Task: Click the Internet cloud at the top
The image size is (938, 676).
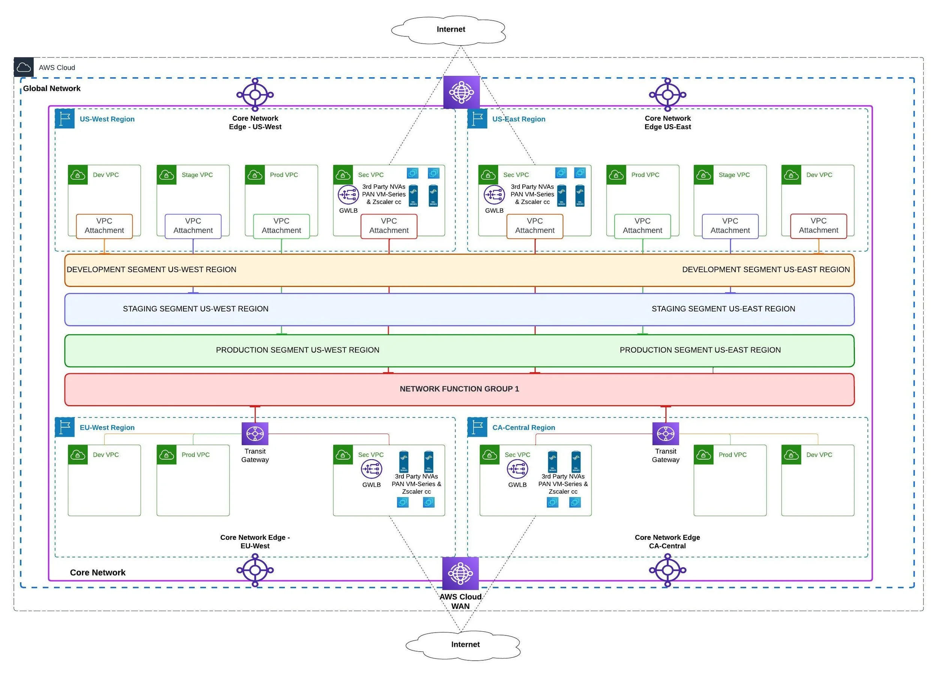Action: click(x=450, y=29)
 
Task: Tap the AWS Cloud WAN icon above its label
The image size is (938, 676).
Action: click(x=460, y=573)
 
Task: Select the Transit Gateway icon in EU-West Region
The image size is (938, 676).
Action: click(x=255, y=434)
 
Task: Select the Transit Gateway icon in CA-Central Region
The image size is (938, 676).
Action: click(x=666, y=434)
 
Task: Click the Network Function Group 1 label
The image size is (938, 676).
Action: click(x=459, y=389)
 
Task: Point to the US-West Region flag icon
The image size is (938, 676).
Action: click(x=65, y=119)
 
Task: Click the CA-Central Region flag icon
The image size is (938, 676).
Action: click(x=477, y=427)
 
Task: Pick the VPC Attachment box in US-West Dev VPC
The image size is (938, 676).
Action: click(x=104, y=226)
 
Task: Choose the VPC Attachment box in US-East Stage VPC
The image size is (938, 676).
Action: click(x=730, y=226)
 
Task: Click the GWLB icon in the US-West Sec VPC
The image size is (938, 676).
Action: click(x=348, y=195)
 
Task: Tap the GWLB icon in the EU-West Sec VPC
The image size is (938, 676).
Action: click(x=371, y=469)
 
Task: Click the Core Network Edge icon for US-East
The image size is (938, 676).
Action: click(x=667, y=95)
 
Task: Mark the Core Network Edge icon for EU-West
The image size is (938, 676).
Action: click(x=255, y=570)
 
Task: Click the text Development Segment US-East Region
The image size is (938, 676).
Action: click(x=765, y=270)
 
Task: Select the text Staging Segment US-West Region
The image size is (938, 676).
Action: click(x=195, y=309)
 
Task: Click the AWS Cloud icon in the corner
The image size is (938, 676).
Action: click(x=24, y=68)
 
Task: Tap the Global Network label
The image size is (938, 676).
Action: click(x=52, y=89)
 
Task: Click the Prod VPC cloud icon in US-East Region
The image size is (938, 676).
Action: click(x=616, y=175)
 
